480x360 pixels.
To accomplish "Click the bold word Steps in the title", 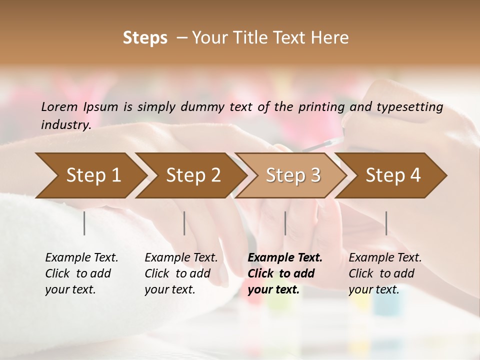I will pos(145,38).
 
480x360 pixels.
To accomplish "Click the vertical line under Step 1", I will pos(84,223).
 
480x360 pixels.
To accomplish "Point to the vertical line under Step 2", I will pos(184,223).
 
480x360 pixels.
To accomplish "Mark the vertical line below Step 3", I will pos(285,223).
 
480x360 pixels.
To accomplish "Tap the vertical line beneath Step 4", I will pos(386,223).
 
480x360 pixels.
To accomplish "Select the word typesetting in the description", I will pos(411,106).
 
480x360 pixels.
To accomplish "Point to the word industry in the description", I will pos(66,124).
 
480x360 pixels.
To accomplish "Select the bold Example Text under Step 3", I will pos(285,257).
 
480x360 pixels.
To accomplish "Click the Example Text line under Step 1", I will pos(81,257).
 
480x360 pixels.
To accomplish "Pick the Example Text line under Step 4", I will pos(385,257).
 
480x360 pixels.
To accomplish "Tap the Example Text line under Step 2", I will pos(181,257).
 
